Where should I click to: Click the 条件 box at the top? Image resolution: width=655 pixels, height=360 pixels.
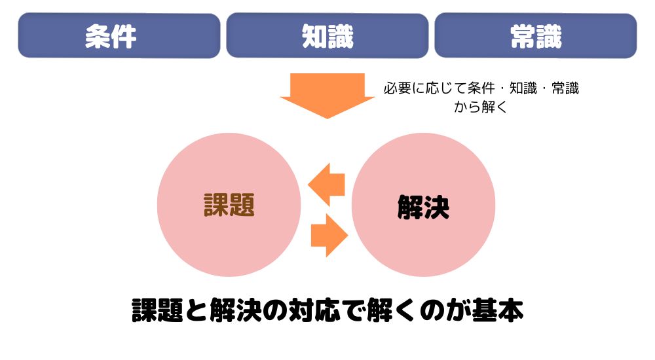tap(119, 35)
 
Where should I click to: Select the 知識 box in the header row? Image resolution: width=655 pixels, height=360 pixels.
tap(327, 35)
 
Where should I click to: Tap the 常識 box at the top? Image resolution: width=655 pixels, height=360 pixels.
tap(536, 35)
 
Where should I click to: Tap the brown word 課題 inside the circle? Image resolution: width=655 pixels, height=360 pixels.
tap(229, 205)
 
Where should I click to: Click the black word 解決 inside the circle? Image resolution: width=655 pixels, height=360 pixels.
tap(423, 208)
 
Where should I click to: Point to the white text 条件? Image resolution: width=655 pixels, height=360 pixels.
tap(111, 37)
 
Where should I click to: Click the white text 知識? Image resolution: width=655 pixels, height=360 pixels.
tap(327, 37)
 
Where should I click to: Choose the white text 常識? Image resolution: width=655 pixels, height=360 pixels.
tap(536, 37)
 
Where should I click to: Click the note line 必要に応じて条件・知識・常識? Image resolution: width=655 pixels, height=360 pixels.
tap(481, 88)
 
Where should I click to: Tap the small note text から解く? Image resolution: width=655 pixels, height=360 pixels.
tap(481, 107)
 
